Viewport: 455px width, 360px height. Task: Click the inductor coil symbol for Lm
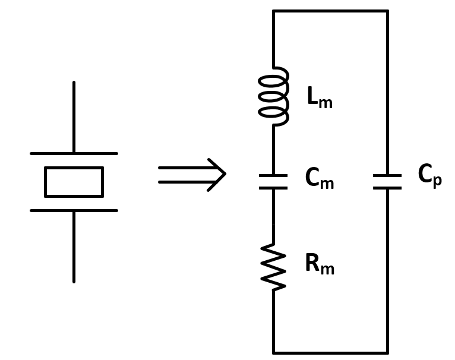point(273,96)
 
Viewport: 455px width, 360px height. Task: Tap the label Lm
point(319,98)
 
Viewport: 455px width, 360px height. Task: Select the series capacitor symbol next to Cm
point(273,182)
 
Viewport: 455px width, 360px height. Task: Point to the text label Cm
point(319,179)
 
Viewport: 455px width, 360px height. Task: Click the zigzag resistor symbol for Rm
point(273,267)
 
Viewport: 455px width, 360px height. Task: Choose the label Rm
point(319,264)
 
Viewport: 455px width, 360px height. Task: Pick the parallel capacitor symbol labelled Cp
point(387,182)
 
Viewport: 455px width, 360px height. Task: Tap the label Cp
point(429,176)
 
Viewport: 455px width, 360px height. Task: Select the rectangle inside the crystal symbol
point(74,182)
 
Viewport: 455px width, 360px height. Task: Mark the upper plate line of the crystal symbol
point(74,153)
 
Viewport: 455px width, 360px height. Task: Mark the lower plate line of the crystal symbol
point(74,210)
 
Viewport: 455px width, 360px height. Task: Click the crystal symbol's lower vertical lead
point(74,246)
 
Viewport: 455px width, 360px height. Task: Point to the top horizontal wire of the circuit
point(330,11)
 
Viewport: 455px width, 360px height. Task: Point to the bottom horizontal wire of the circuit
point(330,352)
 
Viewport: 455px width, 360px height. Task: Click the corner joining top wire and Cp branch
point(387,11)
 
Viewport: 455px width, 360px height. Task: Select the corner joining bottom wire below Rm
point(273,352)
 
